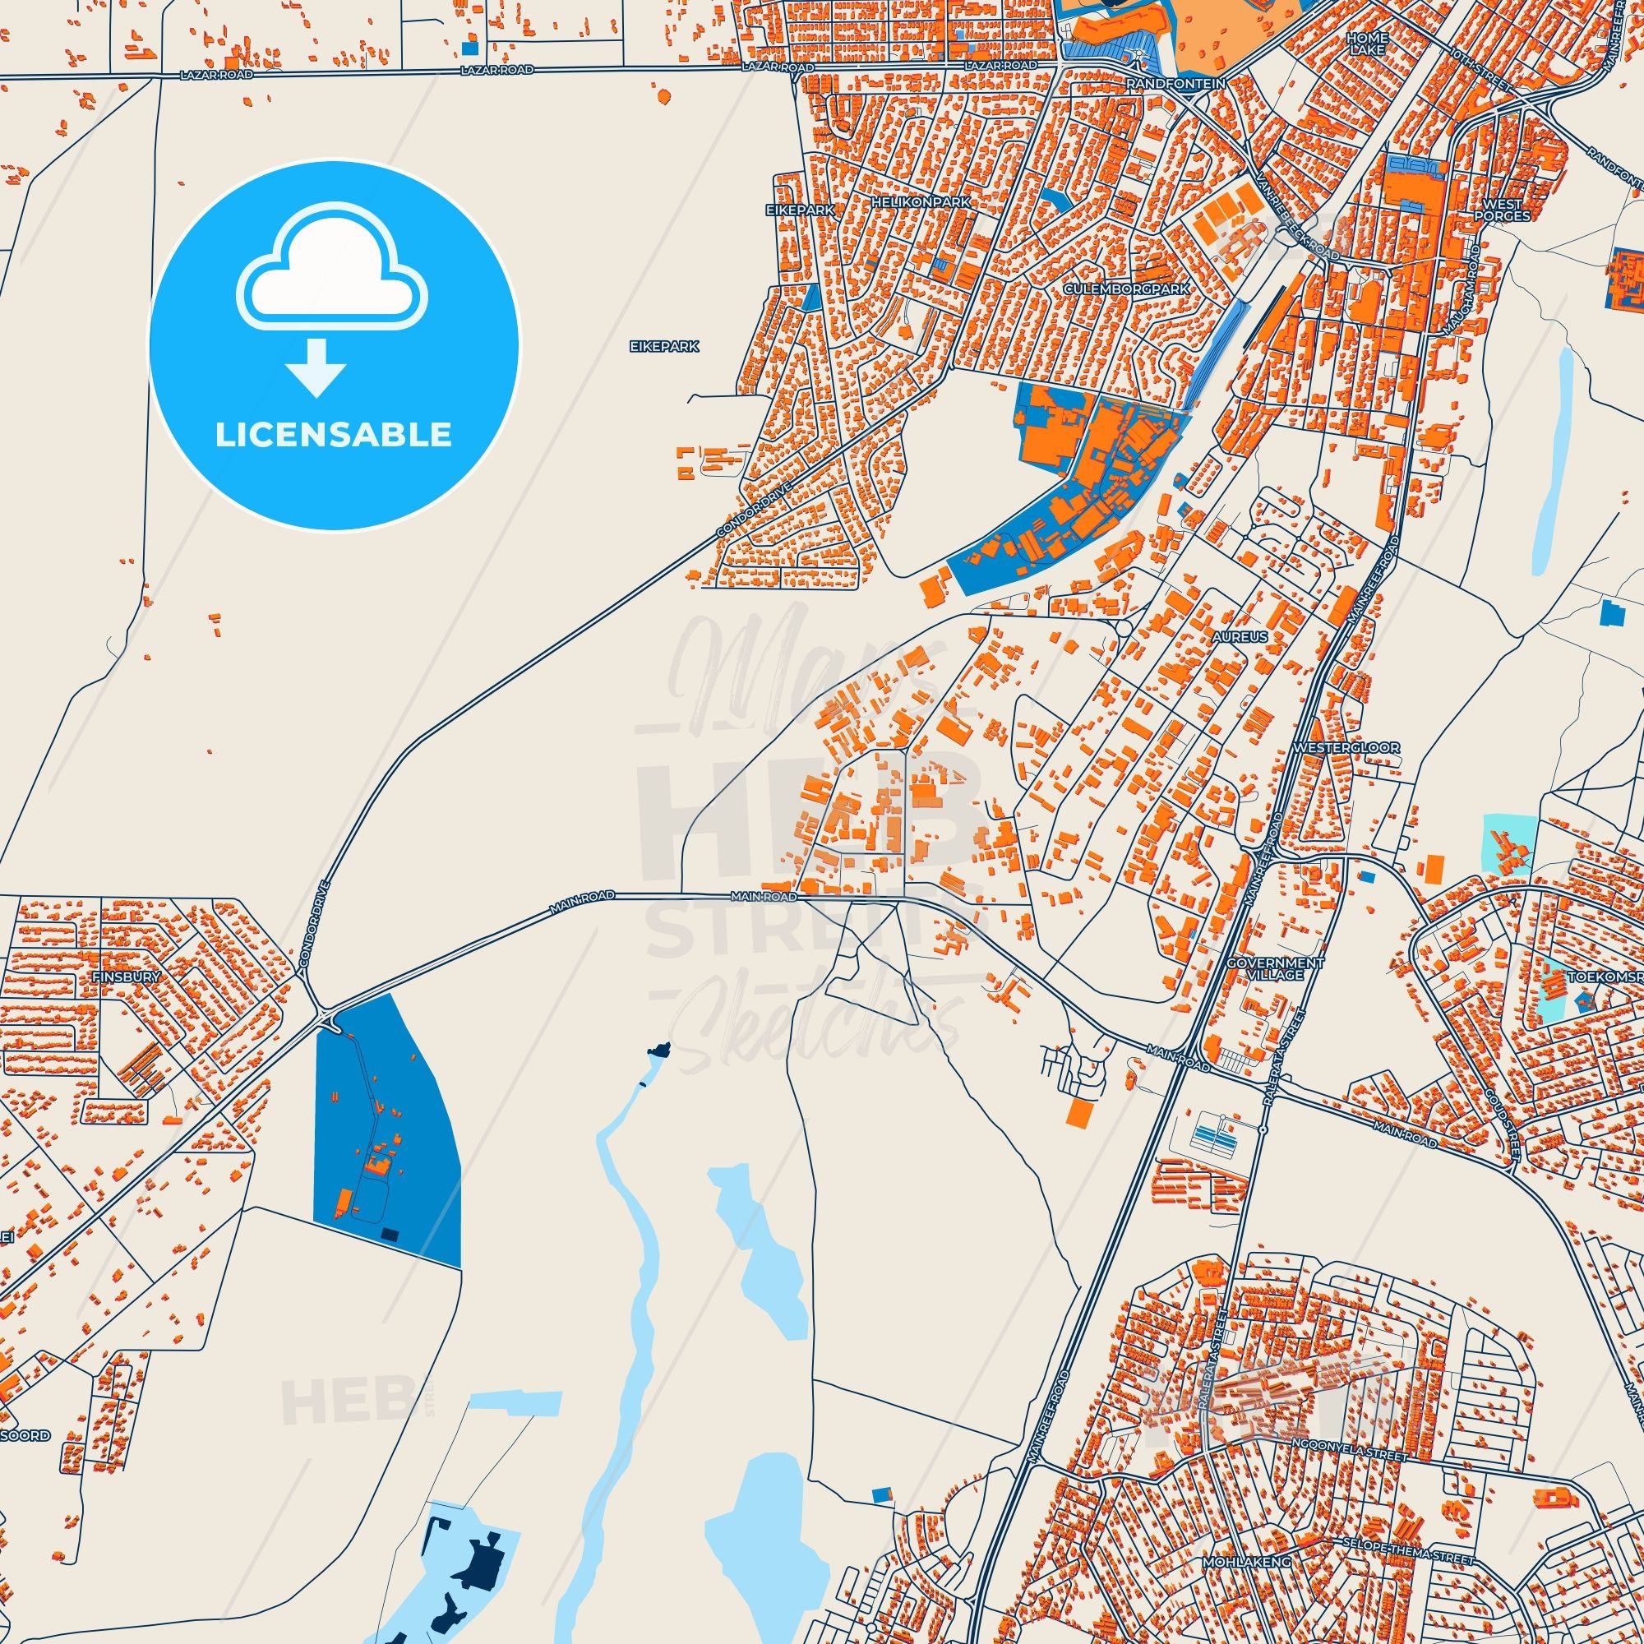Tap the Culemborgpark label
(x=1127, y=289)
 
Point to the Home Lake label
(x=1368, y=44)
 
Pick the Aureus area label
(x=1240, y=636)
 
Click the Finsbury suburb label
(x=126, y=977)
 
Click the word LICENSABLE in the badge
(x=334, y=435)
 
